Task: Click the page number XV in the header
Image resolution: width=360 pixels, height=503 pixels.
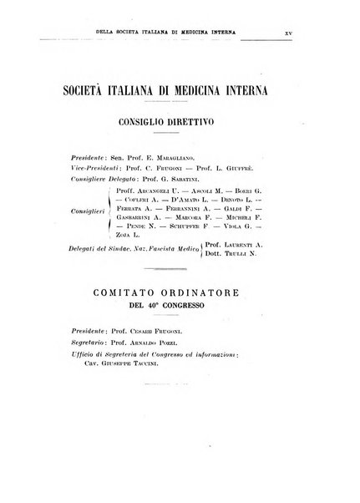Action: (287, 34)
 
